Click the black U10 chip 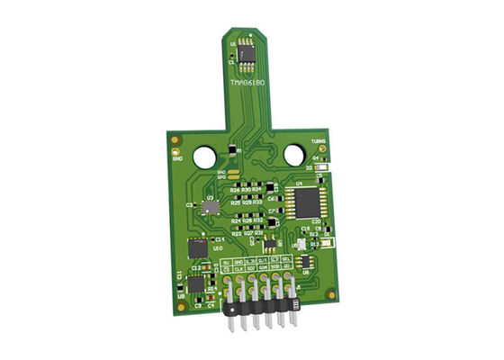[197, 249]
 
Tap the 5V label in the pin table [226, 261]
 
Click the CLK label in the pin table [238, 269]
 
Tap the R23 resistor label [237, 233]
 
